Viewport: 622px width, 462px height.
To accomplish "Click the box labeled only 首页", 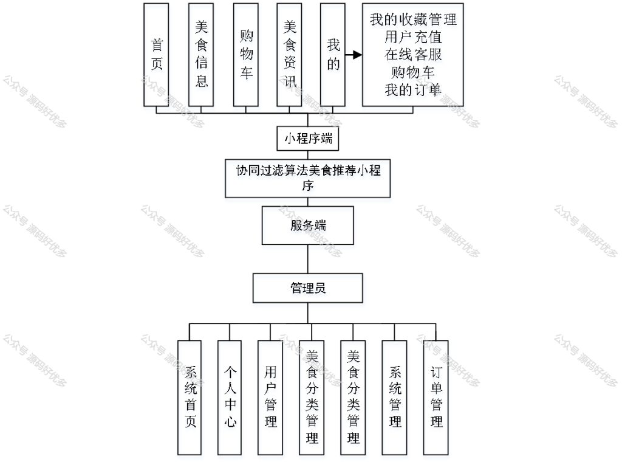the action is pos(156,55).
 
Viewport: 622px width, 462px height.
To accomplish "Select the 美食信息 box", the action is pos(201,55).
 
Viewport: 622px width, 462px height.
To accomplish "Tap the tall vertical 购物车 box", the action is pos(246,55).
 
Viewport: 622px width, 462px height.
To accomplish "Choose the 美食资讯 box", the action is pos(289,55).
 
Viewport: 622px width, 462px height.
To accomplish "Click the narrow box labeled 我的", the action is pos(332,55).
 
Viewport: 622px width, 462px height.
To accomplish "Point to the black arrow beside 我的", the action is pos(354,55).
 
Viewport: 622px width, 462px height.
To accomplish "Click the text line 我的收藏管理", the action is pos(413,19).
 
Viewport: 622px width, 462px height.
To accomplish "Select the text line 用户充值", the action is pos(413,37).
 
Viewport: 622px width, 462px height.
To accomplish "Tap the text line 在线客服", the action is pos(413,54).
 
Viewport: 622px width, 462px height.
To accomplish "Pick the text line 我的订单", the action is pos(413,90).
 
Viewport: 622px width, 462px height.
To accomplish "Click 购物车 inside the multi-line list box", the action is pos(413,72).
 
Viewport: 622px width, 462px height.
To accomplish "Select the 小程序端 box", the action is pos(308,139).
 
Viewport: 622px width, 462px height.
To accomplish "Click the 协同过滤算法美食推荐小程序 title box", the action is pos(308,178).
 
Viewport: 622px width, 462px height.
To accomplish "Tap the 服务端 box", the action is pos(308,226).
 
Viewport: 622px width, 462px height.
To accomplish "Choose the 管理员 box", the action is pos(308,288).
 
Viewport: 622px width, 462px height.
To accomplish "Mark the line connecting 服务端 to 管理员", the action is pos(308,259).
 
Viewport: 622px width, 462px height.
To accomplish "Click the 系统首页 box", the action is pos(190,398).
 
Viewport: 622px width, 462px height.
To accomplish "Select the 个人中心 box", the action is pos(230,398).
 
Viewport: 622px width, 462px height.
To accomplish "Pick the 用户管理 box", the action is pos(270,398).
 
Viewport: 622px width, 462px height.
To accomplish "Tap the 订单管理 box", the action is pos(436,398).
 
